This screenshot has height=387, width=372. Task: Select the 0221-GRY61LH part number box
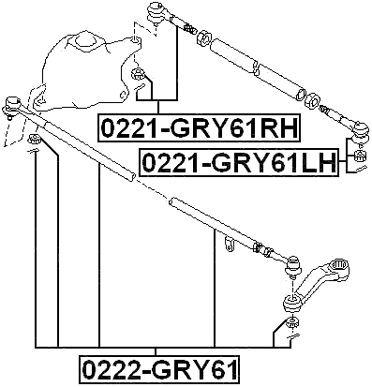click(x=239, y=163)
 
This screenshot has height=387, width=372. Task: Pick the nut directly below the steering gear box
click(x=139, y=76)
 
